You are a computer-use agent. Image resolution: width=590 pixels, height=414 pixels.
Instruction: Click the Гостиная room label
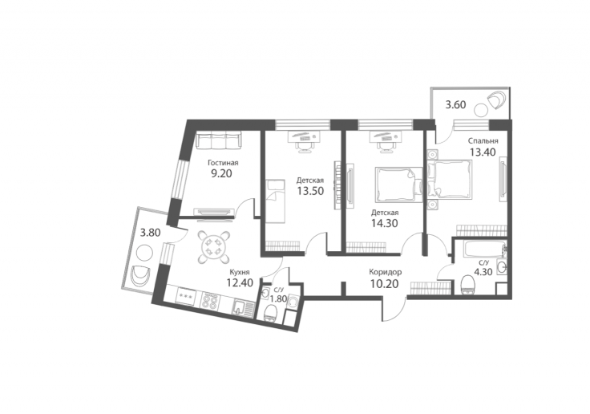[223, 163]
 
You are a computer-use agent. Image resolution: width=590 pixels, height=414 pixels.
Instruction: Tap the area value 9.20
[221, 173]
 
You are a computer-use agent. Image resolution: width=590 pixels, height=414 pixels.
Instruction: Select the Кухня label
[240, 272]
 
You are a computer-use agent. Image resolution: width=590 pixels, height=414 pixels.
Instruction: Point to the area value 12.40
[240, 282]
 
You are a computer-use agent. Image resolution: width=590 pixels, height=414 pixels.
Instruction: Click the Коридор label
[385, 272]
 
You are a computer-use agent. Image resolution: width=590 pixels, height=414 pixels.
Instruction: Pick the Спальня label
[483, 141]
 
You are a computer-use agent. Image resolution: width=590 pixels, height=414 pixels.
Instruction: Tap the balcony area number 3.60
[455, 105]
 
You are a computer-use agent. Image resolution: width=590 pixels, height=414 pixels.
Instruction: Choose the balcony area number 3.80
[150, 233]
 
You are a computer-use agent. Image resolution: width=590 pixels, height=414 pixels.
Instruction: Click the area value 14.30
[385, 223]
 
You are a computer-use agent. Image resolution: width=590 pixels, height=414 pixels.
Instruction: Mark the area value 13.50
[310, 191]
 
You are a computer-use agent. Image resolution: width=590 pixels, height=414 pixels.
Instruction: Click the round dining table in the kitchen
[214, 246]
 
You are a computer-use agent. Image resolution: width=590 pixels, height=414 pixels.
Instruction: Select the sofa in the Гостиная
[219, 141]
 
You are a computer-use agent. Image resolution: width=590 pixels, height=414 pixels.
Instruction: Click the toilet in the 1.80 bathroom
[270, 313]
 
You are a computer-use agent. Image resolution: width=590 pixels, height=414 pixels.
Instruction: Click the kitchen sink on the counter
[239, 307]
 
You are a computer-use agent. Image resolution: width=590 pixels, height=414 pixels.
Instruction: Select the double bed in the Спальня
[450, 178]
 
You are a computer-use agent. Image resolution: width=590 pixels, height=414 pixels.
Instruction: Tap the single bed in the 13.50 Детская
[276, 202]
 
